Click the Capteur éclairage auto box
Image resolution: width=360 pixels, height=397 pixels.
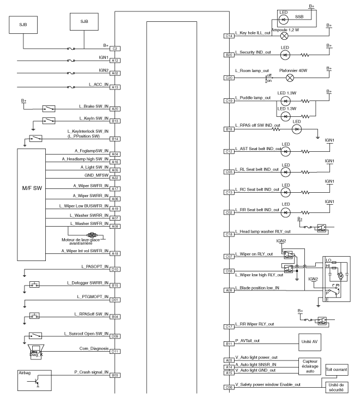pyautogui.click(x=310, y=366)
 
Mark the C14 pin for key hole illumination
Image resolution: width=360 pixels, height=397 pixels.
pyautogui.click(x=229, y=36)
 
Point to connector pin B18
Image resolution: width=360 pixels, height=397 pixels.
pyautogui.click(x=229, y=129)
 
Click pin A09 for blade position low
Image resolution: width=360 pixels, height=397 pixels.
pyautogui.click(x=229, y=290)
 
